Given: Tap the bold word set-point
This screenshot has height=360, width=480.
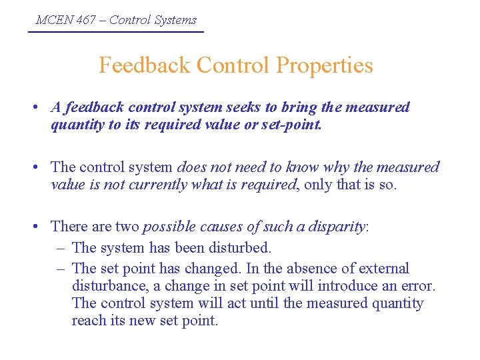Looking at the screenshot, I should pyautogui.click(x=291, y=125).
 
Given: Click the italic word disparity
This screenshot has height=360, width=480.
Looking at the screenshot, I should pyautogui.click(x=336, y=227).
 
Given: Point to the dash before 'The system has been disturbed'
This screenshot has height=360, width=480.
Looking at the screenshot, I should pyautogui.click(x=61, y=248).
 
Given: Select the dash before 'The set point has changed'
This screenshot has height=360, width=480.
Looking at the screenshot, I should pyautogui.click(x=61, y=269).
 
